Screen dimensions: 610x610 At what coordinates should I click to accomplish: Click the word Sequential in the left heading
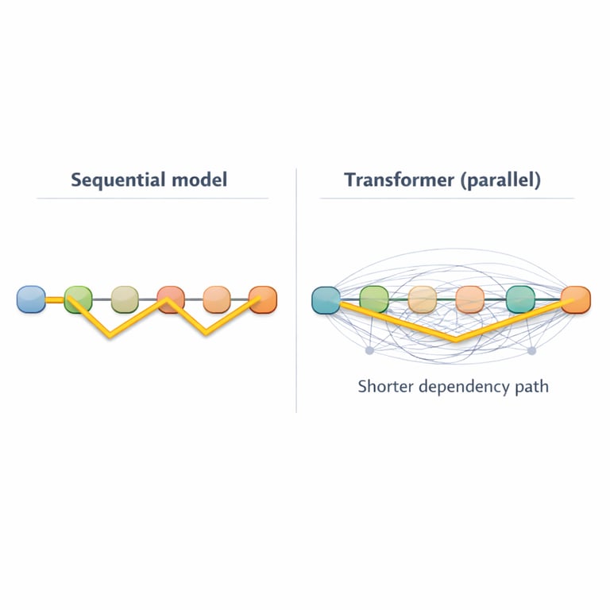tap(118, 180)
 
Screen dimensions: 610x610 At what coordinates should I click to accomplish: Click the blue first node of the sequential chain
tap(31, 299)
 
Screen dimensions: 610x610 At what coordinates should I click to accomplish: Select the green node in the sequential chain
tap(78, 299)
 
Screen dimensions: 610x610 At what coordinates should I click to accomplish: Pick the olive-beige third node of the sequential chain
tap(125, 299)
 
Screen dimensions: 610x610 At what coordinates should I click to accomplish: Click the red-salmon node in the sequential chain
tap(171, 299)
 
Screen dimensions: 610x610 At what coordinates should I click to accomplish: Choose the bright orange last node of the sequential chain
tap(263, 299)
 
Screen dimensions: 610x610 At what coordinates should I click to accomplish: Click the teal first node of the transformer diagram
tap(326, 299)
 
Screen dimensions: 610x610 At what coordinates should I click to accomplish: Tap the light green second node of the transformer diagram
tap(373, 299)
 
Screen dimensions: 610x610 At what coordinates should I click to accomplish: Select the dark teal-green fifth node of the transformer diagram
tap(519, 299)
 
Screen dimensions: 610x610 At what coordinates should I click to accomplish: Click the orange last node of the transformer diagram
tap(575, 299)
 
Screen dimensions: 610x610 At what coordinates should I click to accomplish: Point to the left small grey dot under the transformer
tap(369, 350)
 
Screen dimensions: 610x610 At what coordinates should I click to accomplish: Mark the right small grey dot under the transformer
tap(532, 350)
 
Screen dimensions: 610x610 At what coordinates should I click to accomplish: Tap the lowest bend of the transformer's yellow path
tap(455, 340)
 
